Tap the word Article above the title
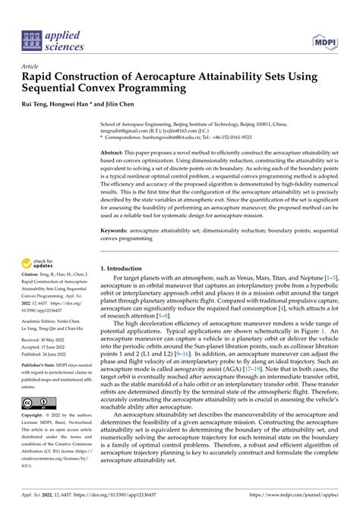pyautogui.click(x=30, y=66)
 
